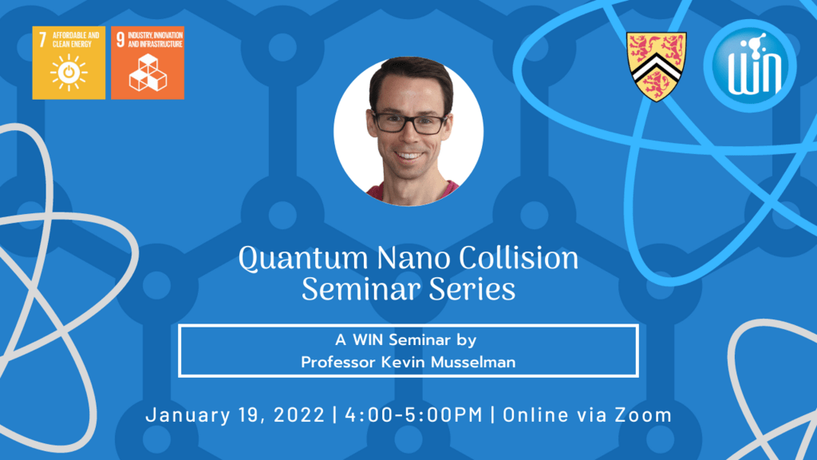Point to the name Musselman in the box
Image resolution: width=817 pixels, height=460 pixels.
[x=474, y=362]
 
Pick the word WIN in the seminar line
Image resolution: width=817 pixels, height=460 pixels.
[x=368, y=340]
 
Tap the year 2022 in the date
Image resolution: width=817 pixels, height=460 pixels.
[x=299, y=415]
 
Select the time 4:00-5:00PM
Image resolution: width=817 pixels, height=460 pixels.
[x=414, y=415]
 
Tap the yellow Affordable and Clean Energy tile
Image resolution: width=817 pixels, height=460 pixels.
[x=69, y=62]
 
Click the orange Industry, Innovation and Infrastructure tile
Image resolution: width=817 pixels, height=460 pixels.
[x=148, y=62]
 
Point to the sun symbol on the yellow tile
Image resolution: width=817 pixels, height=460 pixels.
[x=69, y=73]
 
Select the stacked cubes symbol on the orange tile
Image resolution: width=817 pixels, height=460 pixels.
[x=148, y=73]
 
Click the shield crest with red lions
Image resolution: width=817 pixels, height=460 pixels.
[x=656, y=66]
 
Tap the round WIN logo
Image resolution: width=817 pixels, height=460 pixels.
[x=750, y=65]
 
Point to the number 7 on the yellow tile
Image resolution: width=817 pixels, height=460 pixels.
[x=42, y=39]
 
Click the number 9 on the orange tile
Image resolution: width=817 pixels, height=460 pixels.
[x=120, y=40]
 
